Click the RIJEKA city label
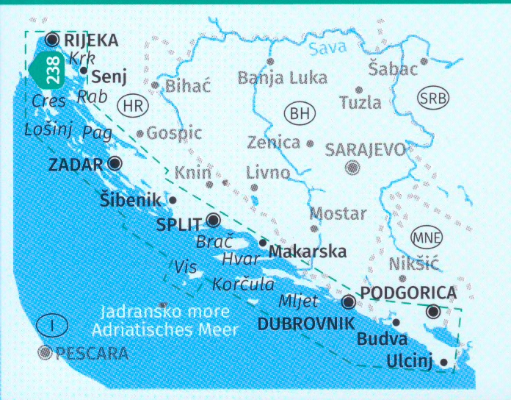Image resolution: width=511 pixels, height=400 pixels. click(x=91, y=40)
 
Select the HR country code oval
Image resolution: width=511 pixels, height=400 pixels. click(x=132, y=105)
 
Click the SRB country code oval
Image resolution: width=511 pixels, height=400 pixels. click(x=432, y=98)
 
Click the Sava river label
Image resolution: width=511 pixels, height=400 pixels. click(x=327, y=50)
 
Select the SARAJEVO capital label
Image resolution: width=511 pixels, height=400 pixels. click(x=365, y=150)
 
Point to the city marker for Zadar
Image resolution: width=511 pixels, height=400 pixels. click(x=114, y=163)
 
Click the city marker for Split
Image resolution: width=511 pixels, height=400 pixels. click(x=213, y=219)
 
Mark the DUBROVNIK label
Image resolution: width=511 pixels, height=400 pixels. click(x=305, y=323)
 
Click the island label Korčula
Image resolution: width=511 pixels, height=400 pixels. click(x=243, y=283)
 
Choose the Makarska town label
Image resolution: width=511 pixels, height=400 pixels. click(x=308, y=251)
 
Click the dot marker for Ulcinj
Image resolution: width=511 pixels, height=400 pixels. click(x=443, y=362)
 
